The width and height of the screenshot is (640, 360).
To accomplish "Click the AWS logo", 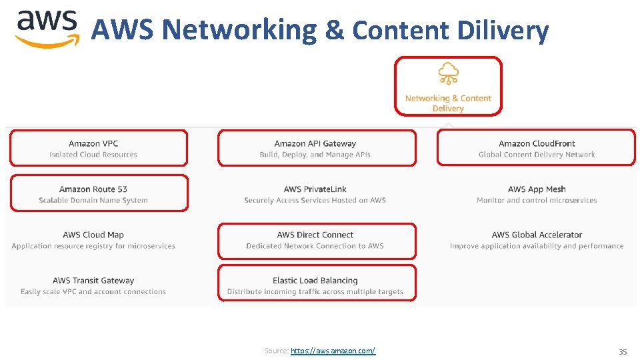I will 47,28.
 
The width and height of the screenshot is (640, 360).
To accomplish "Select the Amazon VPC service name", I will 93,143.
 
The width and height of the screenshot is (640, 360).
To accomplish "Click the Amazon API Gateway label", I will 315,143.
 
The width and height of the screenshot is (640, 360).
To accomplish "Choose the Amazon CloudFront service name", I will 537,143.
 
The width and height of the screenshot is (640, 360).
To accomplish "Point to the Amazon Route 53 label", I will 93,189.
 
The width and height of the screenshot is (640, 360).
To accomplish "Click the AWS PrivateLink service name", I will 315,189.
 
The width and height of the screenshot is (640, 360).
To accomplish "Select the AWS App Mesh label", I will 537,189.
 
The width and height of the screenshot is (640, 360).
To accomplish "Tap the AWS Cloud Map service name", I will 93,235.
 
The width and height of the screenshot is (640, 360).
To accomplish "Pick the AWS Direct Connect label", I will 315,235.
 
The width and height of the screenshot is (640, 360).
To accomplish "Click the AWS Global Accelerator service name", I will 537,235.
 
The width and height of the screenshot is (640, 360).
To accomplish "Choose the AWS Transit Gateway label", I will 93,281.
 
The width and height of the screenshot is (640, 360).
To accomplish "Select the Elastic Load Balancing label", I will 315,281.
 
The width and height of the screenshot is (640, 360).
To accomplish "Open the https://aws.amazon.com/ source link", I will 333,351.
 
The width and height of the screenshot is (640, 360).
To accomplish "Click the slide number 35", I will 623,351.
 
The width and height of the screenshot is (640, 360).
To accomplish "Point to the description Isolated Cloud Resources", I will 93,155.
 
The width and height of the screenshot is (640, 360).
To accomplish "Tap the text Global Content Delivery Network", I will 537,155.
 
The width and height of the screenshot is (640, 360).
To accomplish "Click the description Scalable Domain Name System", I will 93,200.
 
